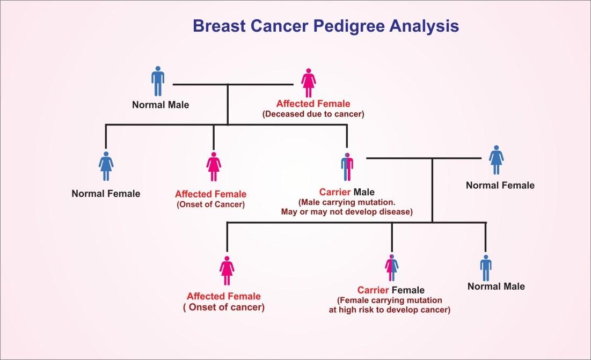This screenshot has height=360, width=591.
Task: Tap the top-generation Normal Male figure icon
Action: coord(158,82)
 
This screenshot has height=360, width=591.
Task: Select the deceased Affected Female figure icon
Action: coord(308,82)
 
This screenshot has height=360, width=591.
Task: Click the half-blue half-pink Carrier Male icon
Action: coord(347,167)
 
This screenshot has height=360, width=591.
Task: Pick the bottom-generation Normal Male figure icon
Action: coord(486,268)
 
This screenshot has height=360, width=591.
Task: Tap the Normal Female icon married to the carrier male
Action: coord(497,159)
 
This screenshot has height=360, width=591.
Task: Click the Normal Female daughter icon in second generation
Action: coord(106,166)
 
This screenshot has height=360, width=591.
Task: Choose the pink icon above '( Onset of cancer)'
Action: coord(227,270)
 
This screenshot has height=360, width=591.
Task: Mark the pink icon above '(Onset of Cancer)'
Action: coord(214,166)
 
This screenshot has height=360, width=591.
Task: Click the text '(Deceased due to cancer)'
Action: coord(313,114)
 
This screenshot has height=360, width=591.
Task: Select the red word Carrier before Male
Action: coord(335,192)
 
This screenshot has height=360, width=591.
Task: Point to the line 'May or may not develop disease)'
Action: coord(347,211)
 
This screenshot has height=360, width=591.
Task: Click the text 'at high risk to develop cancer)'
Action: coord(390,310)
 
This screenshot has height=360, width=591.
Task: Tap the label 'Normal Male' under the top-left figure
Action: coord(160,105)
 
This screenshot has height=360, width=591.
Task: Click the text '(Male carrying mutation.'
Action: coord(347,202)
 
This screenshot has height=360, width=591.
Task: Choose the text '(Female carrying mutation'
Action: coord(390,300)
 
